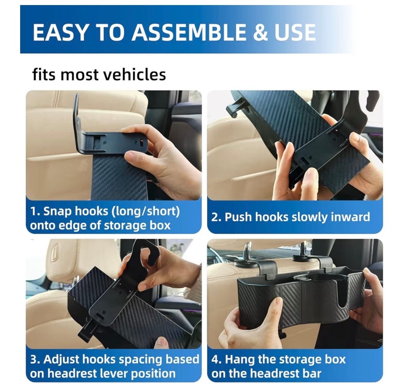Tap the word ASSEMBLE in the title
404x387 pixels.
pos(188,32)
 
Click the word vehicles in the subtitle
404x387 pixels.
pos(135,75)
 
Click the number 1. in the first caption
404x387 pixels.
pos(36,211)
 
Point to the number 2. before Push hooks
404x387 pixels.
pos(216,217)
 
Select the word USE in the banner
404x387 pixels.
pos(295,32)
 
